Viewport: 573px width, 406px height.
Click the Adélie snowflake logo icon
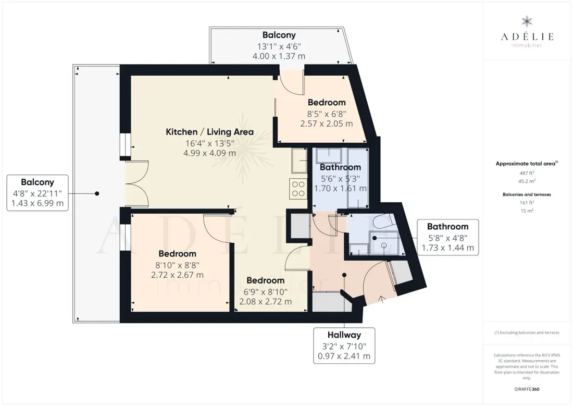click(527, 21)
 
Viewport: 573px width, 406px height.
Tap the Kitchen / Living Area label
click(209, 132)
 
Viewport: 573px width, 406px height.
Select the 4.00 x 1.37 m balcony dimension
click(279, 56)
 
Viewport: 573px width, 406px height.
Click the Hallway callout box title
click(344, 335)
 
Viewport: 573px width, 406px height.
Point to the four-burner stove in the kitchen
click(298, 189)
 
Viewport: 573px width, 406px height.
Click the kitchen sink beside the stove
click(300, 160)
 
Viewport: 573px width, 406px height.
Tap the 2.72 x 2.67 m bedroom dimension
click(177, 275)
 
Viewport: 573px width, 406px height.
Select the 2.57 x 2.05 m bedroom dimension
click(326, 124)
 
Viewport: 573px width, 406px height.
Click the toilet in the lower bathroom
click(384, 221)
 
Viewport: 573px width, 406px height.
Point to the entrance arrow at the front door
click(381, 299)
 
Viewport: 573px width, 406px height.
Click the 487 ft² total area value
click(527, 173)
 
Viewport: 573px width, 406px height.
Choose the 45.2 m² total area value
click(527, 181)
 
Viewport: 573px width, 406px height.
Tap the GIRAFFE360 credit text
click(527, 389)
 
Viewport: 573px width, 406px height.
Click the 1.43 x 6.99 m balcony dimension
click(38, 203)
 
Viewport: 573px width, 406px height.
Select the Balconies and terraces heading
click(527, 194)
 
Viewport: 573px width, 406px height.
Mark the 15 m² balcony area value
click(527, 211)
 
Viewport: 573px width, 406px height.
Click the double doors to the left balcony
click(136, 184)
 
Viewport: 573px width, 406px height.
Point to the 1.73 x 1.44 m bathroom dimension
click(447, 248)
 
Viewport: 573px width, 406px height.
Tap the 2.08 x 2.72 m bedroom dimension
click(265, 301)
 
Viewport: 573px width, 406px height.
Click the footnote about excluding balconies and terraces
click(527, 333)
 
